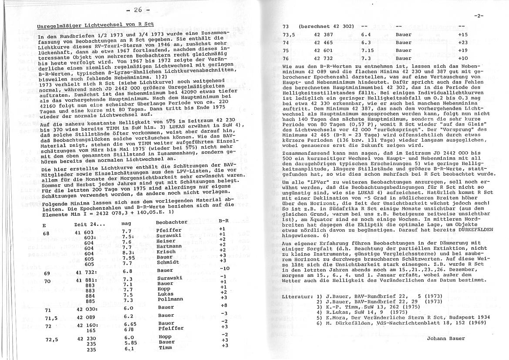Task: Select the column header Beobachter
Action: point(171,222)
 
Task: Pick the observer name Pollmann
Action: point(169,300)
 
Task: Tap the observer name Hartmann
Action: point(169,246)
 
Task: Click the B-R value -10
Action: point(224,268)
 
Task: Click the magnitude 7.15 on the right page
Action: point(368,50)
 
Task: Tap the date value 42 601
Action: point(323,50)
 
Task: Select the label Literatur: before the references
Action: point(297,296)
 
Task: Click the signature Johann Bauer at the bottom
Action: point(445,338)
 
